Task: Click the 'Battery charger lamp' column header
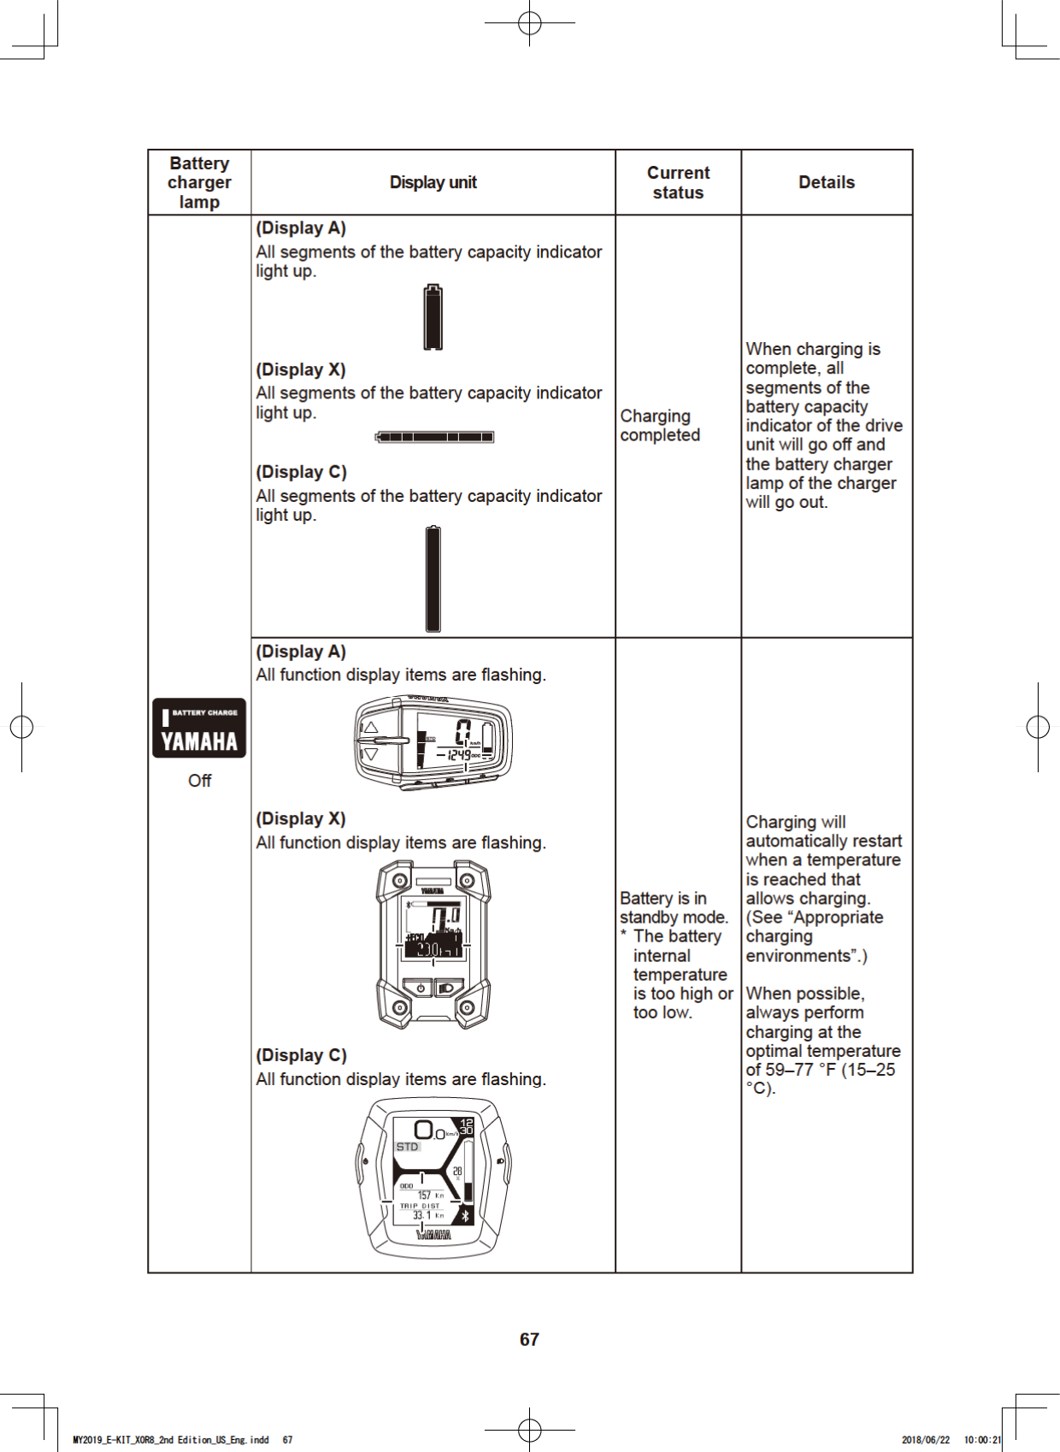pyautogui.click(x=199, y=182)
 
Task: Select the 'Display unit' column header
pyautogui.click(x=433, y=182)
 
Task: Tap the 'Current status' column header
pyautogui.click(x=678, y=182)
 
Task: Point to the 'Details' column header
pyautogui.click(x=826, y=182)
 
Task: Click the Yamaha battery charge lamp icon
pyautogui.click(x=199, y=728)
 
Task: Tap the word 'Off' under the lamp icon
pyautogui.click(x=199, y=781)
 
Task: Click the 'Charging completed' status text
pyautogui.click(x=659, y=425)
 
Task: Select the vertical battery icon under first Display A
pyautogui.click(x=433, y=317)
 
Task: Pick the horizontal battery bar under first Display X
pyautogui.click(x=434, y=437)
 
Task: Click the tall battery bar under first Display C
pyautogui.click(x=433, y=579)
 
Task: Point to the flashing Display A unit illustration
pyautogui.click(x=433, y=742)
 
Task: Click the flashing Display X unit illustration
pyautogui.click(x=433, y=943)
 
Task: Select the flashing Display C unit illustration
pyautogui.click(x=433, y=1177)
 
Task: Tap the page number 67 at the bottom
pyautogui.click(x=529, y=1339)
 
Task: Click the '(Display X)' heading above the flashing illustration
pyautogui.click(x=301, y=818)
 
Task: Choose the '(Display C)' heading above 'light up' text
pyautogui.click(x=301, y=472)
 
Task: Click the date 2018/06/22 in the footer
pyautogui.click(x=925, y=1440)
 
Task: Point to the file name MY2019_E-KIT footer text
pyautogui.click(x=171, y=1440)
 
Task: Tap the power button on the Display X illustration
pyautogui.click(x=421, y=989)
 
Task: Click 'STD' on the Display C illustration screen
pyautogui.click(x=408, y=1147)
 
